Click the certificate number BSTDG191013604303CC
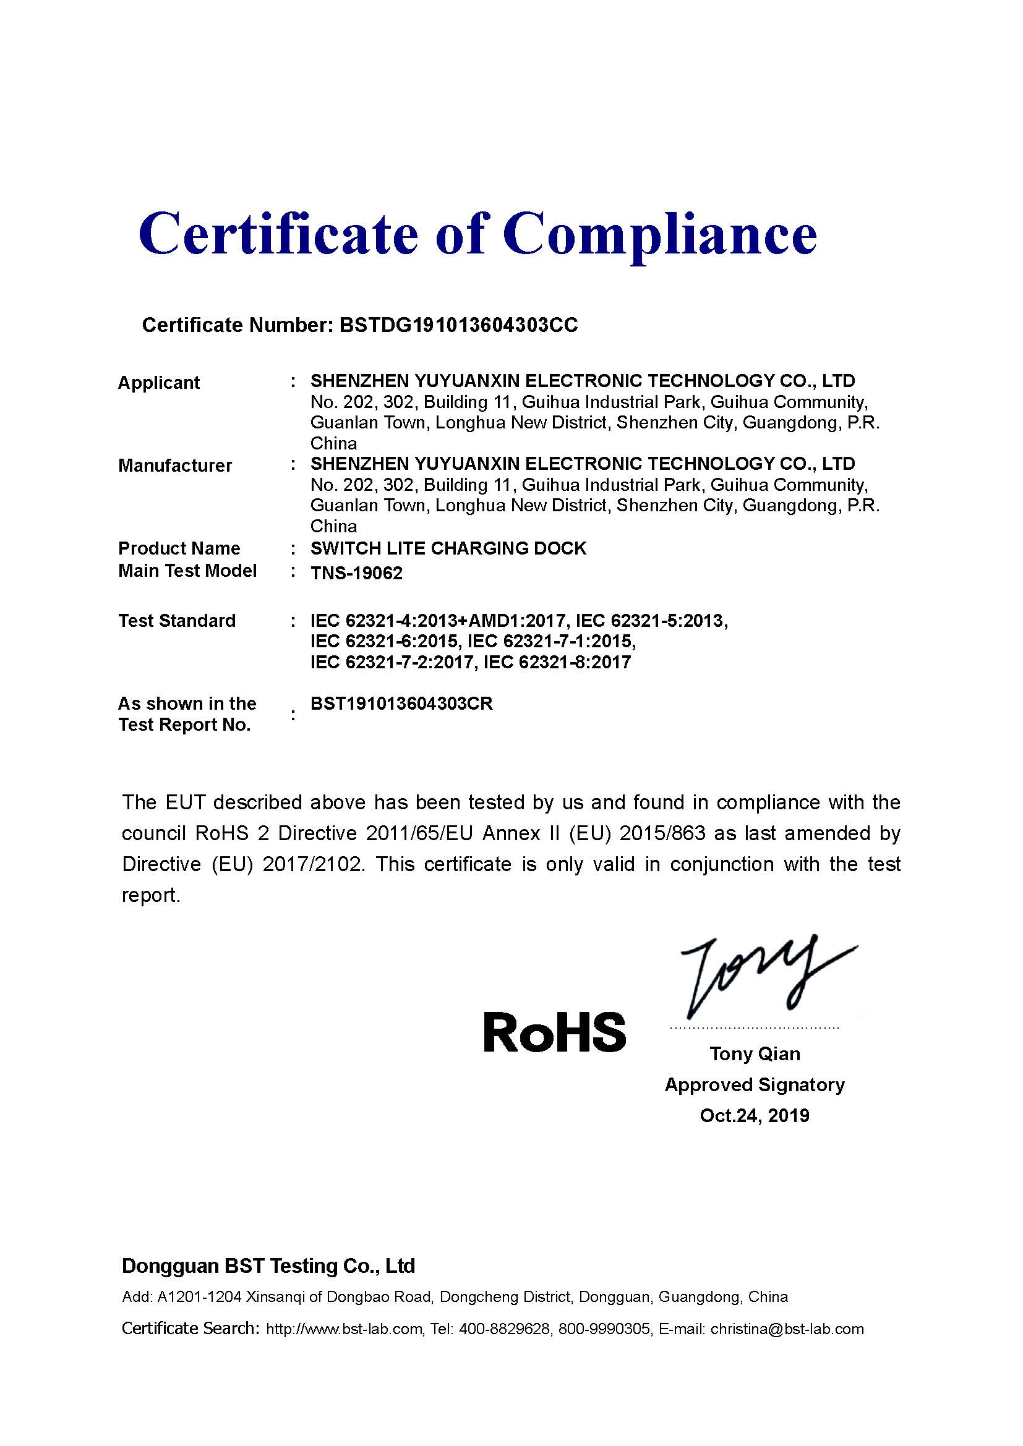coord(458,325)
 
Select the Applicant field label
coord(159,383)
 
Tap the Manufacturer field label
coord(175,466)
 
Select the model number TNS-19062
coord(356,573)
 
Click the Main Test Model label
coord(187,571)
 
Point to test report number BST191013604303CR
coord(401,704)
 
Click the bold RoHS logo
coord(554,1032)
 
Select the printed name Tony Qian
coord(755,1053)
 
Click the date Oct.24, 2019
coord(755,1115)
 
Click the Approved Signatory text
coord(755,1084)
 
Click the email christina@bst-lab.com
coord(787,1329)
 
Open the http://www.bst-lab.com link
coord(344,1329)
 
